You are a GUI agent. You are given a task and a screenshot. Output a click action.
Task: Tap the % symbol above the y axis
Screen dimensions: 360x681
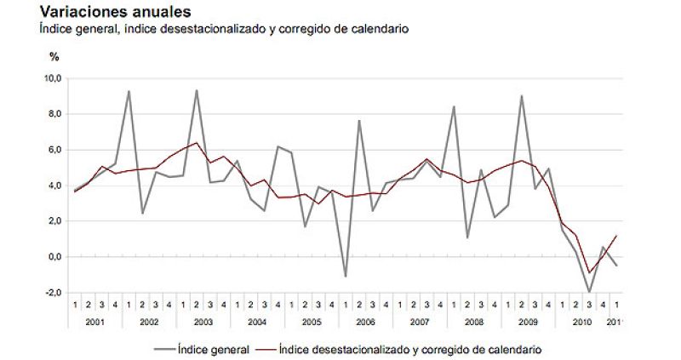(54, 57)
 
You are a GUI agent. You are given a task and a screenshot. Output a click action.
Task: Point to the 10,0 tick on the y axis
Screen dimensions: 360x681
(53, 78)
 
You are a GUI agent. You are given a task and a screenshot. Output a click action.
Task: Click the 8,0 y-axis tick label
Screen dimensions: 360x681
(54, 114)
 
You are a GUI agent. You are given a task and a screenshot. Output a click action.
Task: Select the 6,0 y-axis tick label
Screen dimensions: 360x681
(54, 150)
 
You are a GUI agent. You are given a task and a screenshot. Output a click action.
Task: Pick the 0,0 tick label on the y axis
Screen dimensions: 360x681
(54, 257)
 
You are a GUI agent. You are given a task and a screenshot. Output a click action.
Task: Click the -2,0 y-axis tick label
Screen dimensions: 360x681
(53, 293)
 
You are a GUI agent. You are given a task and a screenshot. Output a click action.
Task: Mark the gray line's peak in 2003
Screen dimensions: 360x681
(197, 90)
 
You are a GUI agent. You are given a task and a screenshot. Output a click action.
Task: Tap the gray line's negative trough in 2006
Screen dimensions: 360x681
(345, 277)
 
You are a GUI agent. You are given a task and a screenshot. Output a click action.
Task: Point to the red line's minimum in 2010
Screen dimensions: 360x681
(589, 272)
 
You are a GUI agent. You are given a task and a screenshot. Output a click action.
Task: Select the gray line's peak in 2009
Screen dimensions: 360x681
(521, 95)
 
